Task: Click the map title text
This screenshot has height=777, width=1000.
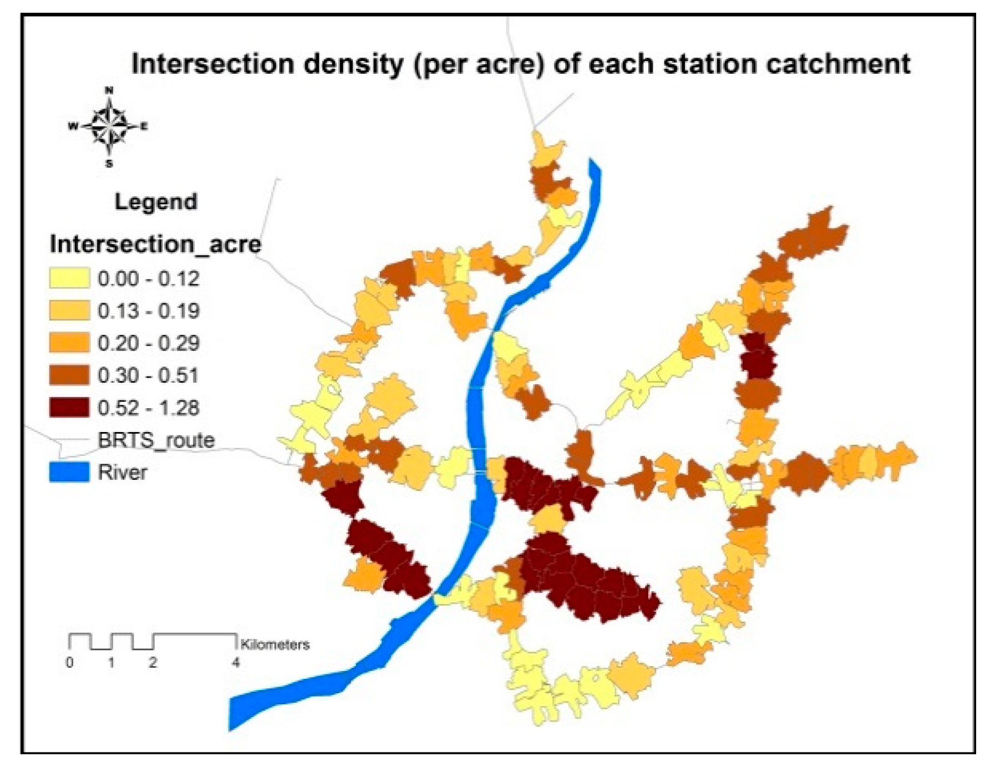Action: (x=520, y=64)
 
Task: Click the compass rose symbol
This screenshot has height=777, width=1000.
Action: (x=109, y=126)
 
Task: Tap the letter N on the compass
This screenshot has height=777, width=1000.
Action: (x=109, y=90)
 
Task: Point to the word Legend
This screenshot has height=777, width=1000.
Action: (x=156, y=202)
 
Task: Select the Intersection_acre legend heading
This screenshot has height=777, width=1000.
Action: (x=155, y=244)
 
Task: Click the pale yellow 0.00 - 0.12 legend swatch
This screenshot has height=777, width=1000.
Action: (x=69, y=278)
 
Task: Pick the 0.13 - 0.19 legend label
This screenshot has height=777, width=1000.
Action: (x=148, y=311)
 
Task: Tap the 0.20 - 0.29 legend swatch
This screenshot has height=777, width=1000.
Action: (x=69, y=343)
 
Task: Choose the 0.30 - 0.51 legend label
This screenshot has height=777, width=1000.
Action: (x=148, y=375)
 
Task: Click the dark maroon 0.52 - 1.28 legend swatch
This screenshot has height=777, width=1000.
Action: (x=69, y=408)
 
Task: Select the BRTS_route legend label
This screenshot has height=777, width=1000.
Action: (x=156, y=440)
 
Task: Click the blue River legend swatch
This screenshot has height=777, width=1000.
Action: (x=69, y=473)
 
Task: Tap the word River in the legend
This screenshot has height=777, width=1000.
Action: (x=122, y=473)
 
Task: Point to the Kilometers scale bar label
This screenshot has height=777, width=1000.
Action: (x=275, y=644)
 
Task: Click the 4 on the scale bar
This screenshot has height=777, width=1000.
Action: (x=236, y=662)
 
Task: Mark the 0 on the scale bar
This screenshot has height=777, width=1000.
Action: (x=69, y=662)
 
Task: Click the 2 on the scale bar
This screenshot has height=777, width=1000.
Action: (x=153, y=662)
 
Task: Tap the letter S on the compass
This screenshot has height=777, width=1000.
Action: (x=109, y=164)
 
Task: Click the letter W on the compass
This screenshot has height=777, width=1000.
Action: (x=73, y=126)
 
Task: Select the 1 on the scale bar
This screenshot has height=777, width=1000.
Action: (x=111, y=662)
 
